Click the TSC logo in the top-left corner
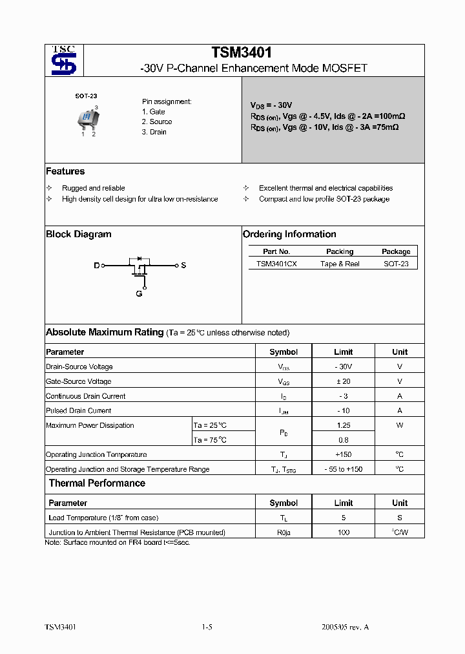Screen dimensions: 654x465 63,61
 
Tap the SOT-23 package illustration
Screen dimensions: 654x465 87,118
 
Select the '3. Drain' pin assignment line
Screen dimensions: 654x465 154,132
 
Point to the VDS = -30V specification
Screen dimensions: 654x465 271,105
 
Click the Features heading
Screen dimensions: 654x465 65,171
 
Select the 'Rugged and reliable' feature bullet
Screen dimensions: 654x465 94,188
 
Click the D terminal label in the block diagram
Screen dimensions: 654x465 97,266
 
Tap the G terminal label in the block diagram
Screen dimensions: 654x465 139,294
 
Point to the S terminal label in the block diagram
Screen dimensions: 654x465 183,266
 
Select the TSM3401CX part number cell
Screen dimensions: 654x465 276,264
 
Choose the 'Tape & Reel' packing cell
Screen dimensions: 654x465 340,264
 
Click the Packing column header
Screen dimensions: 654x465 340,251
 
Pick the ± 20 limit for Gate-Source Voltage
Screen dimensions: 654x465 343,381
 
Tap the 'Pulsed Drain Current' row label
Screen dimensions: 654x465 79,410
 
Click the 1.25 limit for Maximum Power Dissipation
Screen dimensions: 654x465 343,425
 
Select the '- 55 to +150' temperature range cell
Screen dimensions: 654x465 343,469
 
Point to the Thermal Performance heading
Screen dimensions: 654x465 97,483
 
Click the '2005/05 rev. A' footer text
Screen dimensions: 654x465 345,627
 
